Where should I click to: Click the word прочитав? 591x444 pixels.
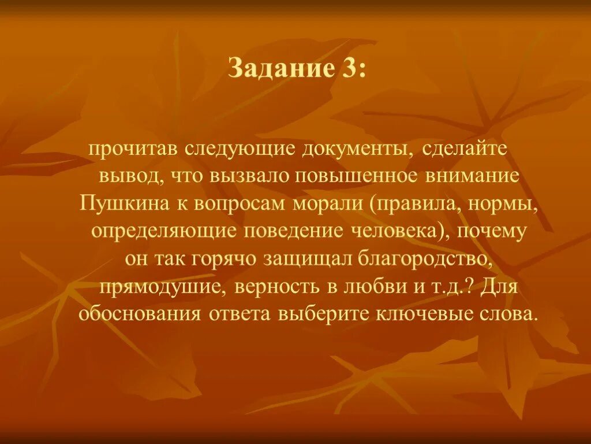click(x=133, y=149)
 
